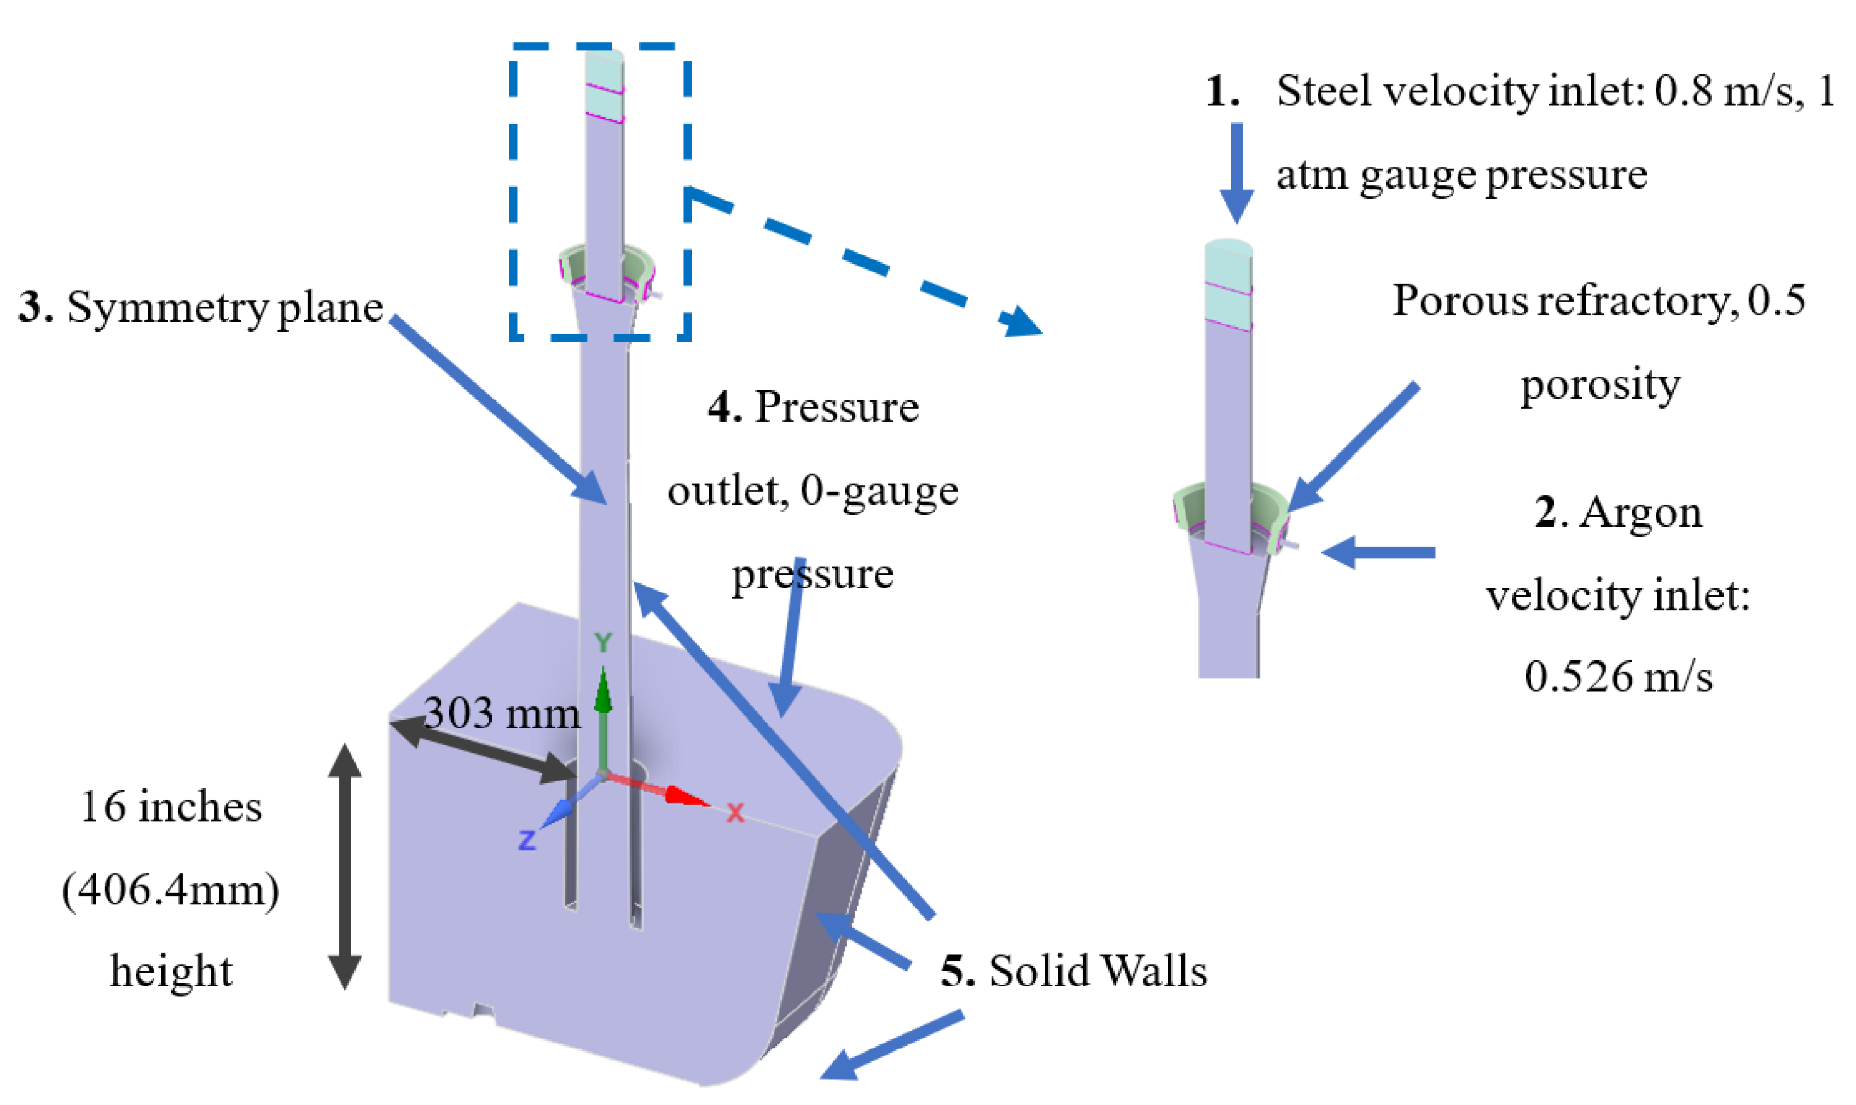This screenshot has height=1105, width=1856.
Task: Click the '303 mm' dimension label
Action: [x=501, y=713]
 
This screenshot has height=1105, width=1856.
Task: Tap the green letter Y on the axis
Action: [x=603, y=643]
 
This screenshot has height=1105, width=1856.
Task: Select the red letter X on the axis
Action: [x=734, y=813]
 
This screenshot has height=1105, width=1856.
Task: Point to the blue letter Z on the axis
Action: [x=527, y=841]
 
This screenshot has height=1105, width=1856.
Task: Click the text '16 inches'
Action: [x=171, y=807]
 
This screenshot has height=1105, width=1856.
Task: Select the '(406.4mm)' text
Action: [x=171, y=889]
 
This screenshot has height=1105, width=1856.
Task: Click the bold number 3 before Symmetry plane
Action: [x=35, y=307]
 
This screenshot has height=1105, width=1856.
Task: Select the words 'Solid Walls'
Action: [x=1097, y=970]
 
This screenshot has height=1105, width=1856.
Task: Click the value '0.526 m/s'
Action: [x=1618, y=676]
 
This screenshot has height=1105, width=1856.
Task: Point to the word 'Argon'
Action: [x=1640, y=512]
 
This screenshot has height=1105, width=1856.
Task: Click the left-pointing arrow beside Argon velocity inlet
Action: [x=1377, y=552]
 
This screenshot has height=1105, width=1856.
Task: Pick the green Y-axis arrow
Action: [x=603, y=715]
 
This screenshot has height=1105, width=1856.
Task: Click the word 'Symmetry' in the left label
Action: [x=168, y=307]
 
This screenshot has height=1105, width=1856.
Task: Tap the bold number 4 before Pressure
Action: [x=723, y=407]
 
